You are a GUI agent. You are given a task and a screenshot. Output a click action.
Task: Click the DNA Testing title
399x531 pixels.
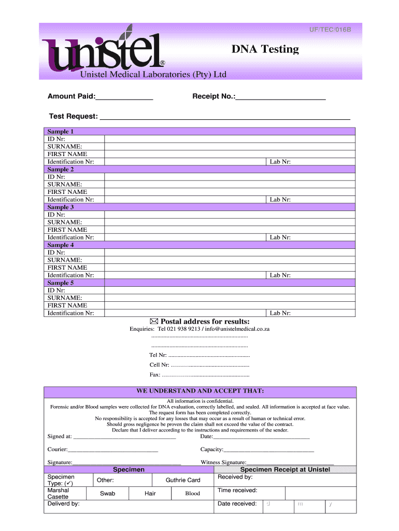coord(265,49)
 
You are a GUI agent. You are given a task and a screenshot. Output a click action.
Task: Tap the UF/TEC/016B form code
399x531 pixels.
coord(330,30)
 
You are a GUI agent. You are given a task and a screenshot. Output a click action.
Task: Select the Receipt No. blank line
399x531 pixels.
coord(280,97)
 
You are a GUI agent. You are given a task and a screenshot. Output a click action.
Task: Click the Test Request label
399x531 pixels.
coord(73,116)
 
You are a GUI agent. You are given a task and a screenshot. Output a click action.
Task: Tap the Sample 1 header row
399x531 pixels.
coord(200,132)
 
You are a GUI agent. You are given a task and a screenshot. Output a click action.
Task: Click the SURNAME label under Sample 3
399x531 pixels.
coord(65,222)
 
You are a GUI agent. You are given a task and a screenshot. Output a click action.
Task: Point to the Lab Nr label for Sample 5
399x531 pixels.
coord(280,313)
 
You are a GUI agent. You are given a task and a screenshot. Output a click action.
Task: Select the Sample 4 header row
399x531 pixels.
coord(200,245)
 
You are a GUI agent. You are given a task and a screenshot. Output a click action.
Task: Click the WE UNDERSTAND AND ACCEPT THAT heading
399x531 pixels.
coord(200,390)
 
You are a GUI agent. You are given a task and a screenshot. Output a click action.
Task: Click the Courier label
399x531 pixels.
coord(58,449)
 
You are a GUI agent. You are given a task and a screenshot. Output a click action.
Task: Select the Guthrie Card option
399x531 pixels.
coord(183,480)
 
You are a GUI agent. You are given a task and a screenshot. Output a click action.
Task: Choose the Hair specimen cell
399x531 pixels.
coord(150,494)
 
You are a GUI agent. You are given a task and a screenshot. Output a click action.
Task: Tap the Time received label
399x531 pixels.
coord(237,490)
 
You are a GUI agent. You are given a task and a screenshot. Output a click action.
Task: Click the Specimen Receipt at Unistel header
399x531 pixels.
coord(285,470)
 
